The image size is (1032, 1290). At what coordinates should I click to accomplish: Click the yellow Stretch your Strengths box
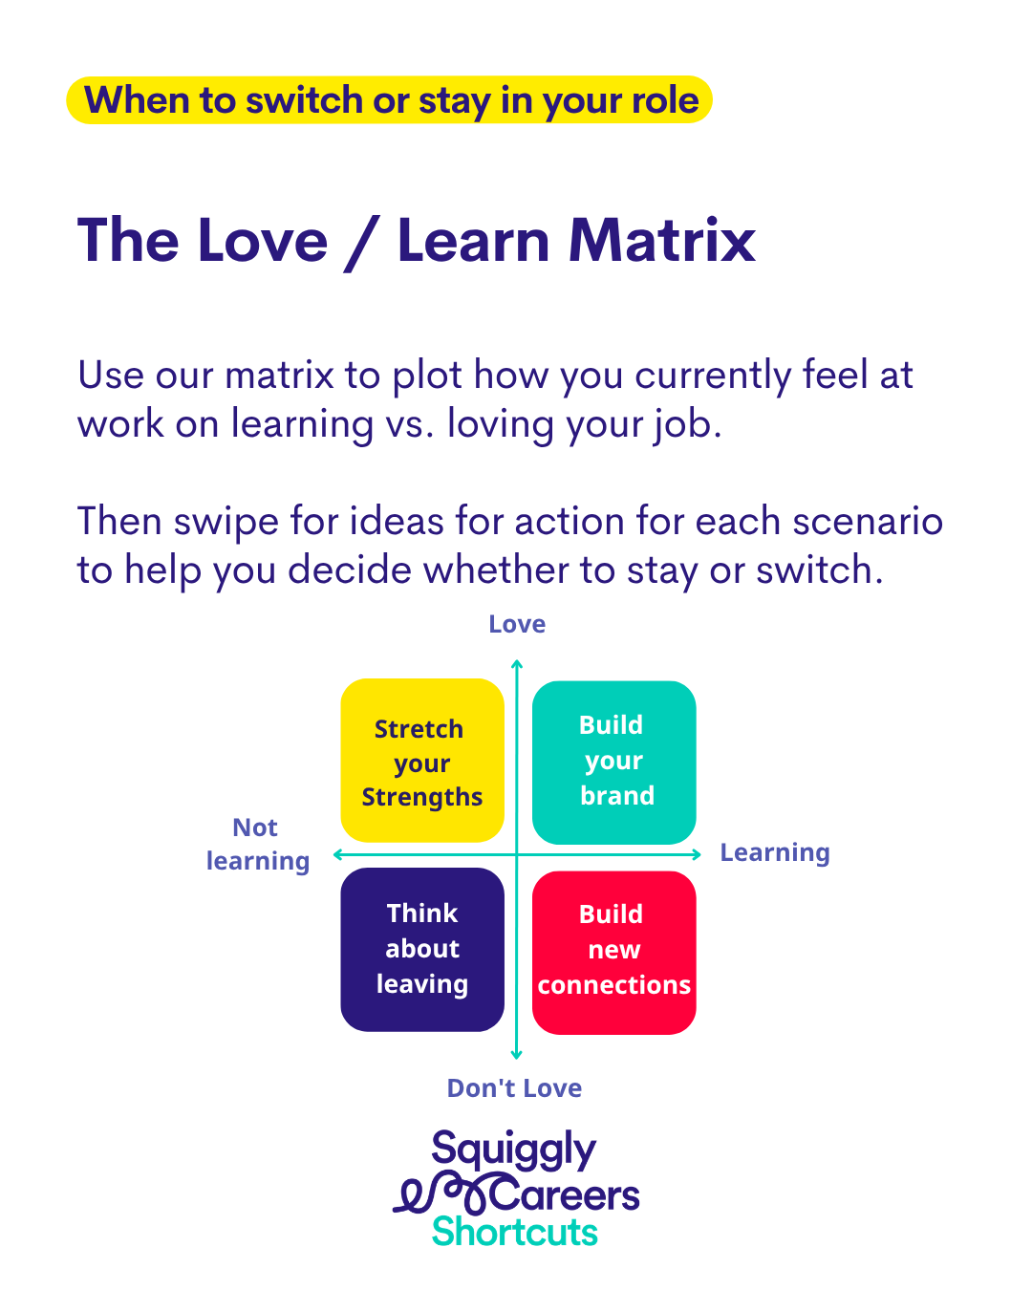(x=422, y=761)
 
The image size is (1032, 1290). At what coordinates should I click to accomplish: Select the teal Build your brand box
(x=613, y=762)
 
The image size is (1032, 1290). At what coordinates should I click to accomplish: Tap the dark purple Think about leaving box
(x=422, y=949)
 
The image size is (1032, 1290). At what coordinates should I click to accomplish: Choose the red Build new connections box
(x=613, y=952)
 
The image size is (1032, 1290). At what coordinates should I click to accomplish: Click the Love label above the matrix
(x=517, y=625)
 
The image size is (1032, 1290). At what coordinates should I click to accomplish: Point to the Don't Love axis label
(x=514, y=1088)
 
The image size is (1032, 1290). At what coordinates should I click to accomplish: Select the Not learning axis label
(x=257, y=844)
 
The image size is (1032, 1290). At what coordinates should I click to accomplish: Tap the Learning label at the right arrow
(x=774, y=852)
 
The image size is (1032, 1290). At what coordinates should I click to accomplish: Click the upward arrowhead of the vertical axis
(x=517, y=663)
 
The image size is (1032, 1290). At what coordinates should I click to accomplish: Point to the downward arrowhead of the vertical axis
(x=517, y=1055)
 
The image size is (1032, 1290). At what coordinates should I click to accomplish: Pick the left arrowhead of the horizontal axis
(x=337, y=854)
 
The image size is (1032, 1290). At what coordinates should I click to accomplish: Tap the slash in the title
(x=361, y=242)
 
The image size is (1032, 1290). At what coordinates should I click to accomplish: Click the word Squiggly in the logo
(x=513, y=1150)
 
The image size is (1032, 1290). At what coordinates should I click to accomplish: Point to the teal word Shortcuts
(x=514, y=1232)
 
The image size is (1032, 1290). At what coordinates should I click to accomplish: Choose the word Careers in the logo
(x=566, y=1195)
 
